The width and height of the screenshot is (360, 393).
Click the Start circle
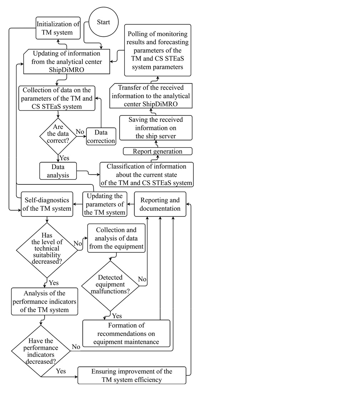click(103, 22)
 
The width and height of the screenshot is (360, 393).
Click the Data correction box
click(101, 136)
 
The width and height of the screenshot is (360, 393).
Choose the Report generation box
click(157, 151)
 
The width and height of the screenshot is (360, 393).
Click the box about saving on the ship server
click(155, 128)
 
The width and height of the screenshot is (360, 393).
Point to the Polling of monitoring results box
click(157, 50)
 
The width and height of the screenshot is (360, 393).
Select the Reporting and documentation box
click(160, 204)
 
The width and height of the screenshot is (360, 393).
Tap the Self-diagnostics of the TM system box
click(47, 204)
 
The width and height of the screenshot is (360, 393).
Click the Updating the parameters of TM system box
click(104, 204)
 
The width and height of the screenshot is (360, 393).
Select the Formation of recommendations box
click(126, 333)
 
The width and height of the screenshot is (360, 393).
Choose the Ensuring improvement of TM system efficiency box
click(132, 375)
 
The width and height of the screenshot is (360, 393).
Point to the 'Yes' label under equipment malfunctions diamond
click(117, 316)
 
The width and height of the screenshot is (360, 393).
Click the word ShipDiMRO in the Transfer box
click(167, 104)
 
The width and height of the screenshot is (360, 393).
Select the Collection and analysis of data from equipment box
click(116, 238)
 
